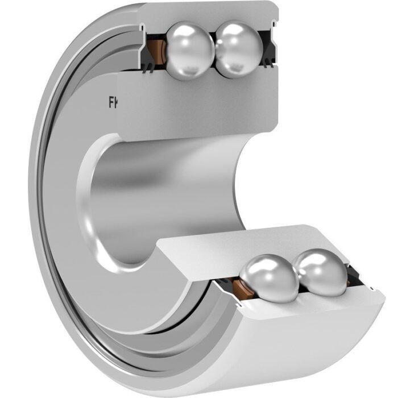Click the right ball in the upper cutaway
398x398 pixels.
coord(238,49)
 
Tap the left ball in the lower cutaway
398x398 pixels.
coord(268,277)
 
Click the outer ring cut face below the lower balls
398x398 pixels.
coord(296,310)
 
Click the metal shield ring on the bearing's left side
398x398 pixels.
coord(51,227)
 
